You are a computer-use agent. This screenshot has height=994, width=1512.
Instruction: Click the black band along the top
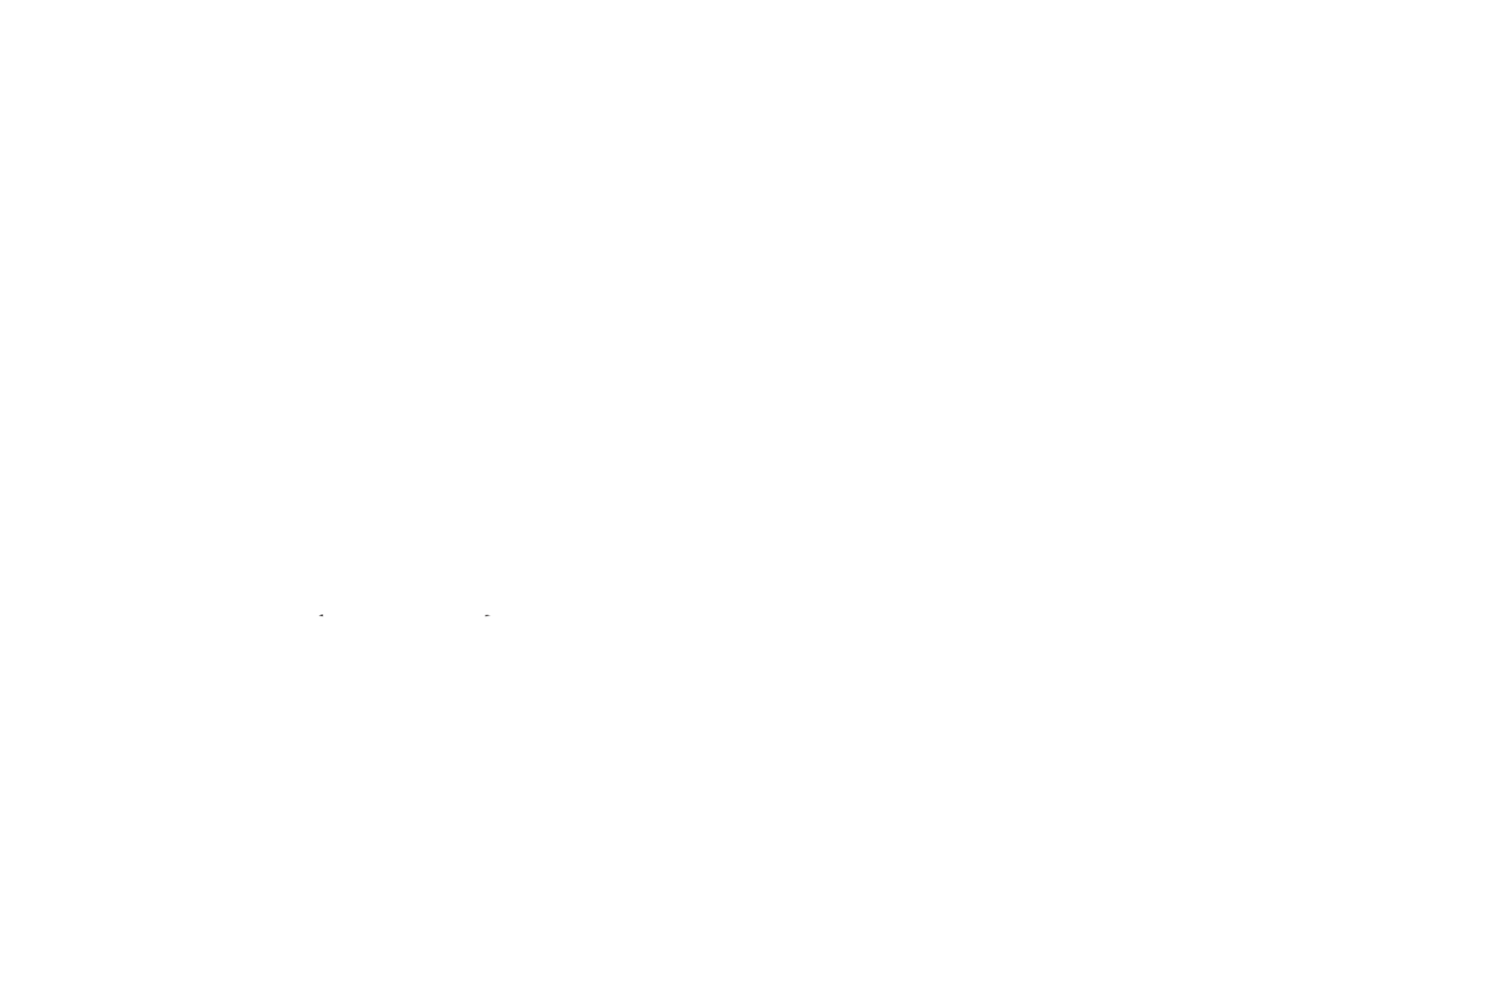756,60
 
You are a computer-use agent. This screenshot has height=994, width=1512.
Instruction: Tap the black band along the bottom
756,943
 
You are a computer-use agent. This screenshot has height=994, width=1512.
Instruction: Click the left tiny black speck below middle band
321,617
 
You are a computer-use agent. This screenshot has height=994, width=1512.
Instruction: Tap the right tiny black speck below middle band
487,616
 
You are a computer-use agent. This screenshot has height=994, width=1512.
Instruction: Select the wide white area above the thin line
756,325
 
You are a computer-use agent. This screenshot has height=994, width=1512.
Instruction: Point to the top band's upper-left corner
2,2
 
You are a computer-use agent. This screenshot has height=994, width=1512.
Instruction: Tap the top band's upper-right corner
1509,2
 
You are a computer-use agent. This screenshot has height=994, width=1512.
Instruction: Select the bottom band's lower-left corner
2,991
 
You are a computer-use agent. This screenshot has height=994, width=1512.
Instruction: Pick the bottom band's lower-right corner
1509,991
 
